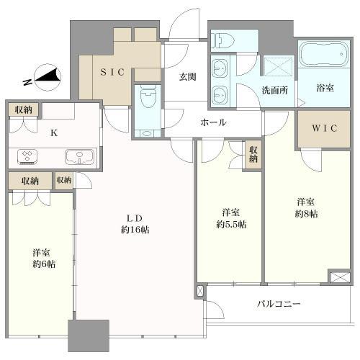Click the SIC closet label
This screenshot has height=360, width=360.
(x=112, y=72)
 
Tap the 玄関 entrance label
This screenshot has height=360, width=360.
(x=188, y=77)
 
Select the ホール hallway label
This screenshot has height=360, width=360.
(x=213, y=122)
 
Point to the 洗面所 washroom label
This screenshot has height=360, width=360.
(x=275, y=90)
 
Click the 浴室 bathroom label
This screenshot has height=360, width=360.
(x=325, y=88)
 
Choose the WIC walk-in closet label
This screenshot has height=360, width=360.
(x=325, y=128)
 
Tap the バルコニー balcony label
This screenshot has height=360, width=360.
(x=279, y=304)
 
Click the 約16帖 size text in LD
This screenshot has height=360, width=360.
(x=135, y=230)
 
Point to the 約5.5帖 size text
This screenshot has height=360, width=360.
(x=231, y=224)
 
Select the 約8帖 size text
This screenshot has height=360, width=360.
(x=306, y=214)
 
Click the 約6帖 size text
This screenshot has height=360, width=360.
(x=44, y=264)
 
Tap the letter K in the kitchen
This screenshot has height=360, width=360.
(x=54, y=132)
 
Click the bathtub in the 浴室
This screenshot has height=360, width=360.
(x=324, y=54)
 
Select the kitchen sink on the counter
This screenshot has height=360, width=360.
(x=79, y=157)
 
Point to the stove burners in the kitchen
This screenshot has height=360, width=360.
(x=27, y=157)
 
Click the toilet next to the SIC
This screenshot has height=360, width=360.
(x=148, y=96)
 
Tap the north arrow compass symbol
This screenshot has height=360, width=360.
(x=48, y=78)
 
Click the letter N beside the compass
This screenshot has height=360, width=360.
(x=27, y=82)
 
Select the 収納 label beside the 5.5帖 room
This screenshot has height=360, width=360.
(x=253, y=154)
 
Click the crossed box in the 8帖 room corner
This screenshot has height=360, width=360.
(x=339, y=276)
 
